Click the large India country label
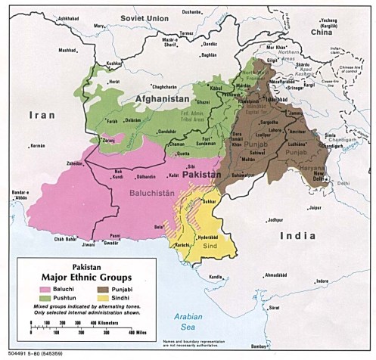point(295,236)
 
